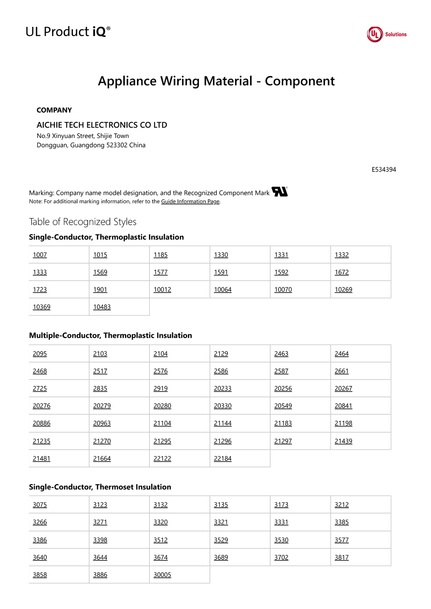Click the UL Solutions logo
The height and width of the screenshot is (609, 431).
[386, 34]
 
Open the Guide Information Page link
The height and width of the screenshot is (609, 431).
[190, 201]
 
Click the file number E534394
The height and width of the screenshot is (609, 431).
[384, 170]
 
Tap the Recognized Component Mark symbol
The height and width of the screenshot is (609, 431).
[279, 191]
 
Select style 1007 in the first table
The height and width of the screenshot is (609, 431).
[40, 255]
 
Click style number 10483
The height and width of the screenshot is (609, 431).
[102, 307]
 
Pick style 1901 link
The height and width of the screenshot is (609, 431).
[100, 290]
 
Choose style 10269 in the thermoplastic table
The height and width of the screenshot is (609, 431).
[343, 290]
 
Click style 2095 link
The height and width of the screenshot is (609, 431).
[40, 354]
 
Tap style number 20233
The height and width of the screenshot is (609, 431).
[222, 388]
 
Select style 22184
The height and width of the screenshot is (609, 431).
[222, 458]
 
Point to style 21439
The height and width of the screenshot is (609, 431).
[343, 441]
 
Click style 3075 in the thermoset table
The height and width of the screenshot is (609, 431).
[40, 505]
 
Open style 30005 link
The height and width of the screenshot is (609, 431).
[162, 575]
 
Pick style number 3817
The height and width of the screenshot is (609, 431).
[341, 557]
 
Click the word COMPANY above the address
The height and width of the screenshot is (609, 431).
[54, 110]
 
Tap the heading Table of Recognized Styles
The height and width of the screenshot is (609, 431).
[83, 222]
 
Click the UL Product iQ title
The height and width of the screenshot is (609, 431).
[68, 32]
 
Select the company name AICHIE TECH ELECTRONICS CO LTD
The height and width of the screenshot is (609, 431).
[102, 125]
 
